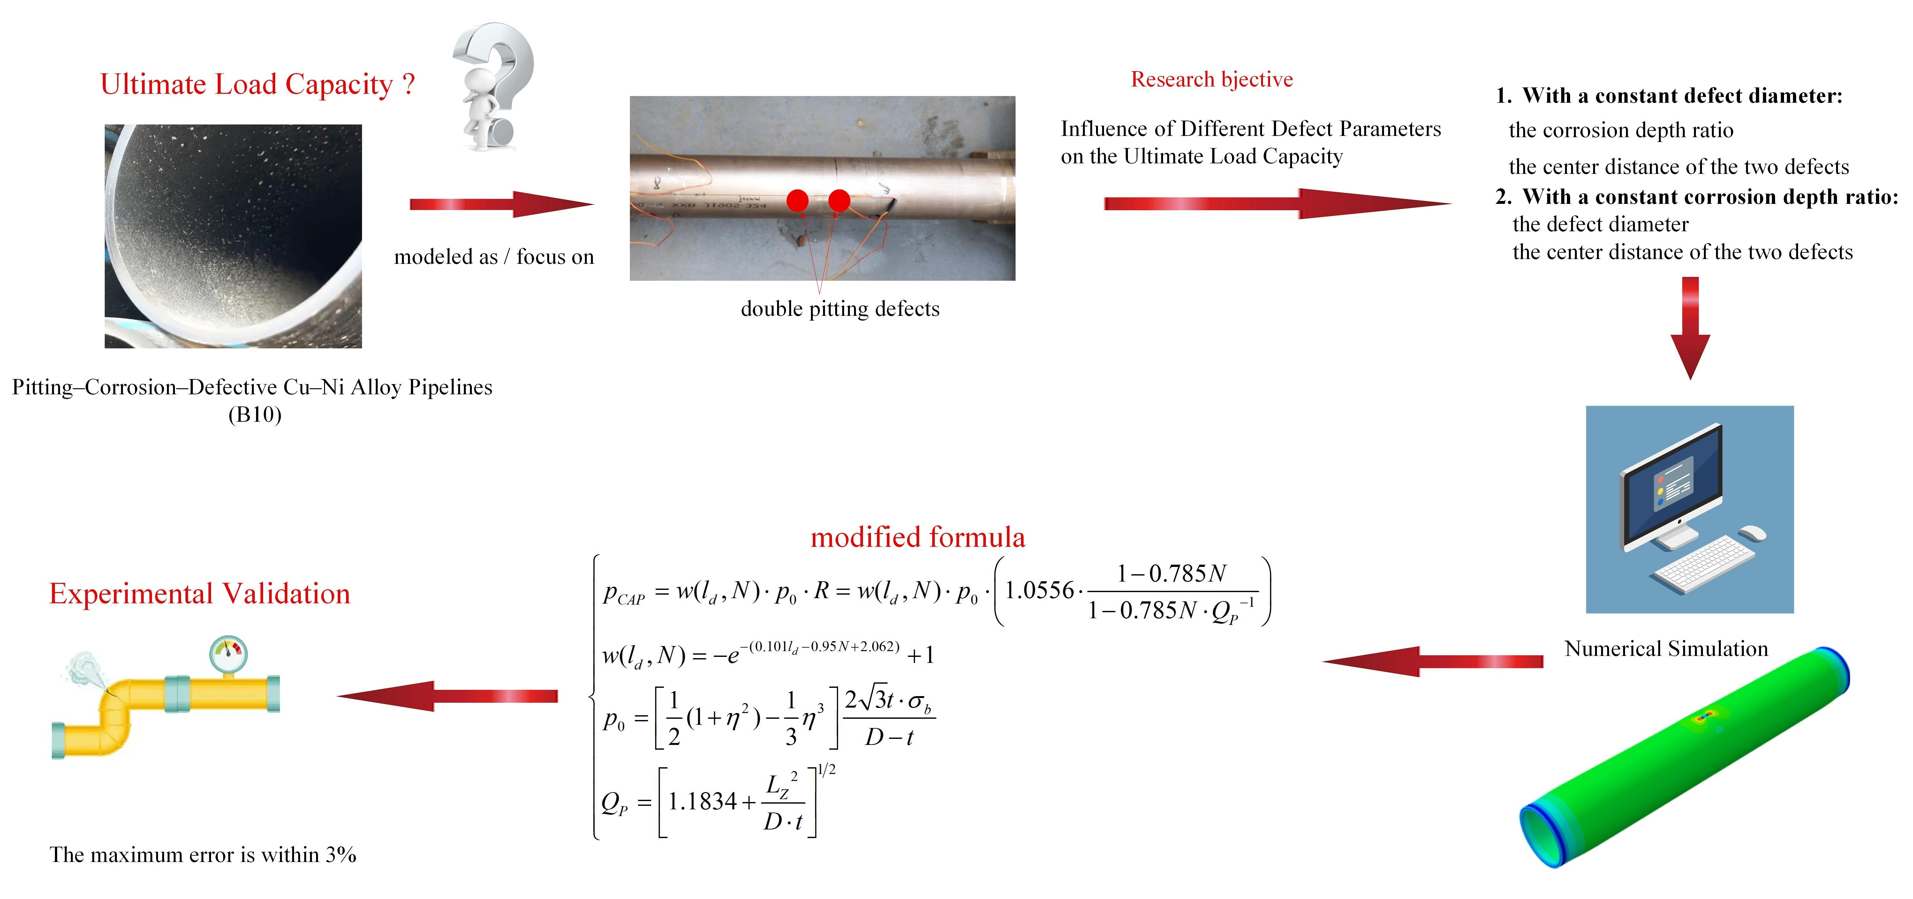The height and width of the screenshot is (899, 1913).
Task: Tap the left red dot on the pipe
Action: coord(797,200)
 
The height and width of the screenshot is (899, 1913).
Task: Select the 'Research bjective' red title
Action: coord(1211,79)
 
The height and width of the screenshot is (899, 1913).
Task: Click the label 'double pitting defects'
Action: coord(840,309)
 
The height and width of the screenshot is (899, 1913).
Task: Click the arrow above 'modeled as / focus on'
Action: coord(501,204)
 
